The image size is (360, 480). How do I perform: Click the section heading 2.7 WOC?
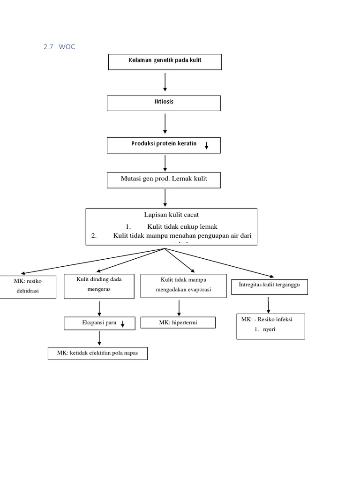59,47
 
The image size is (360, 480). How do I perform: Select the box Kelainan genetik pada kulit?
165,61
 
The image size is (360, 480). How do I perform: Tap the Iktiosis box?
164,103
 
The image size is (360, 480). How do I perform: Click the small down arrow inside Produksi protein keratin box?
206,146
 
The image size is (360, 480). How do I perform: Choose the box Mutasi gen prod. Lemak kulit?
164,180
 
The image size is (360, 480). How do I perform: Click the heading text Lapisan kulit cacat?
171,215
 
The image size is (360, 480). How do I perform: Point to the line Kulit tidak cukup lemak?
182,227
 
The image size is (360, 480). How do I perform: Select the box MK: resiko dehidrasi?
28,286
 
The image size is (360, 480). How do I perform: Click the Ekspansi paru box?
99,323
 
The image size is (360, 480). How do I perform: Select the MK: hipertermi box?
178,322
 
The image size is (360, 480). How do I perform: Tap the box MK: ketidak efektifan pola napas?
97,353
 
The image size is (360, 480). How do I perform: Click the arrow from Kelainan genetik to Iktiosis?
165,82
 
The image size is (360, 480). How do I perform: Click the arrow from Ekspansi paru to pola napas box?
99,338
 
